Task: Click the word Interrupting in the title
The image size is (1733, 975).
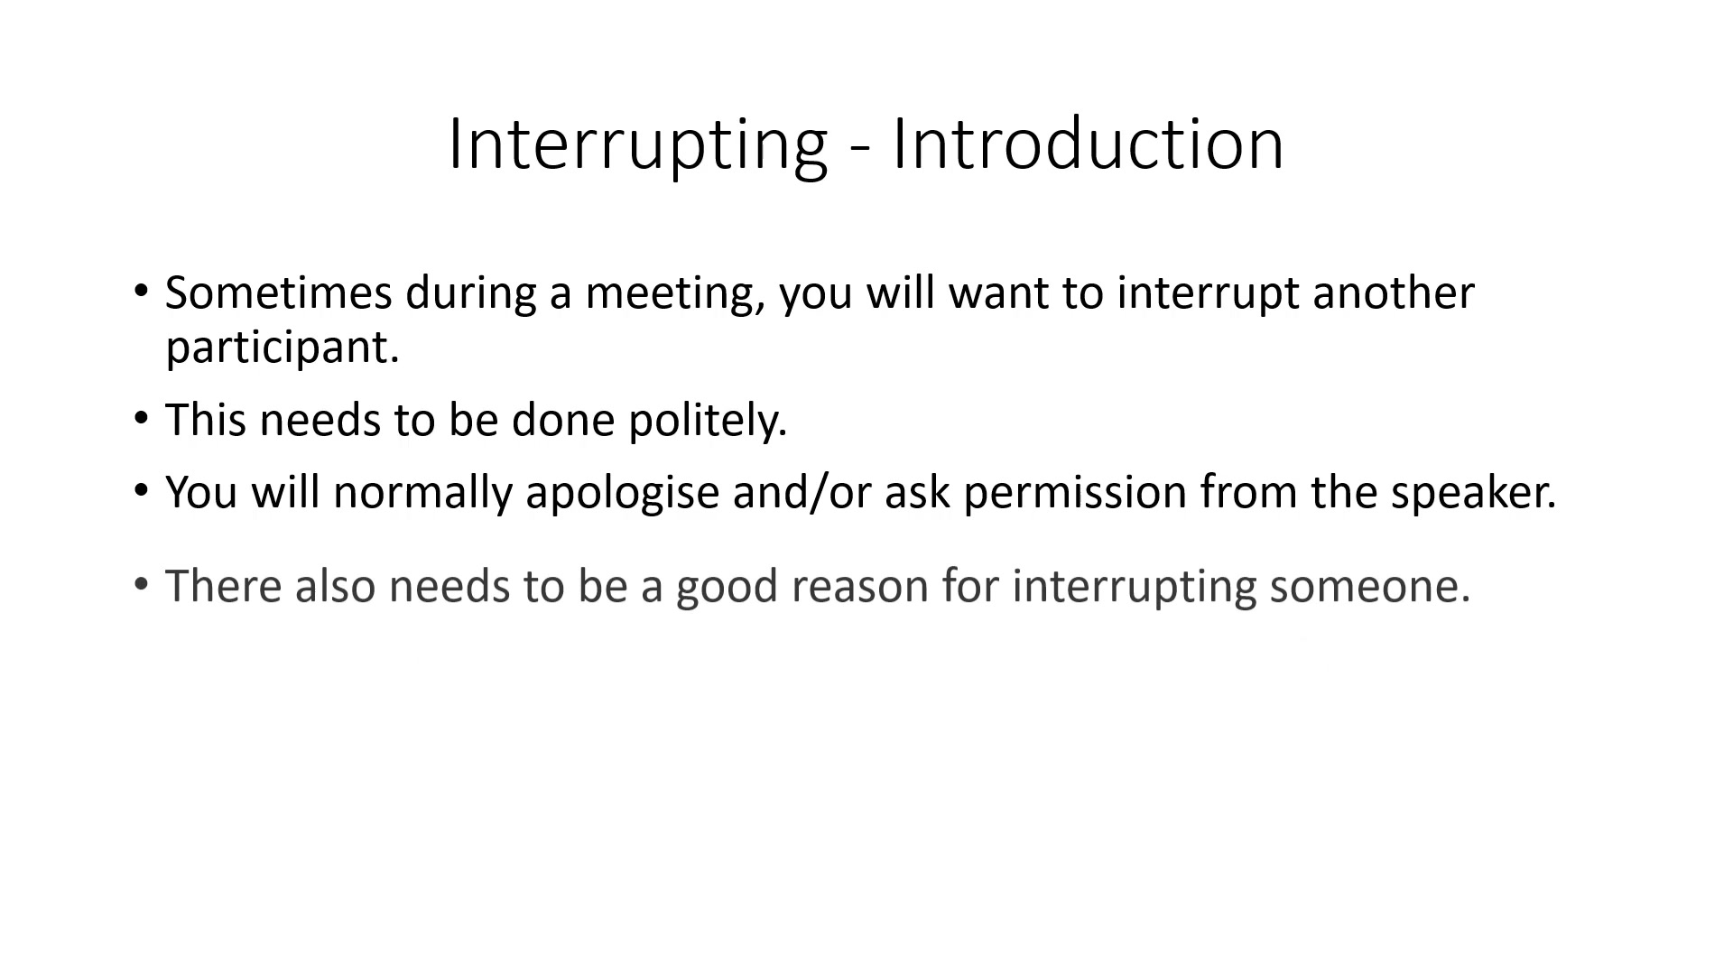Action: coord(637,145)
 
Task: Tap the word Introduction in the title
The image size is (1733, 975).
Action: coord(1088,144)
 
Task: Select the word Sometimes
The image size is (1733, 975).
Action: coord(279,292)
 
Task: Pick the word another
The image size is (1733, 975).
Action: coord(1394,292)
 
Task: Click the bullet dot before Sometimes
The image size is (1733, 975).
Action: coord(140,291)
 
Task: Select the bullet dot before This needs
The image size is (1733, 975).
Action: coord(140,418)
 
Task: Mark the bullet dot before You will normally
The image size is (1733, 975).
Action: coord(140,490)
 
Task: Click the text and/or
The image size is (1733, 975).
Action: coord(802,493)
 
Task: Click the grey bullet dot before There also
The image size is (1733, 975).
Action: coord(140,584)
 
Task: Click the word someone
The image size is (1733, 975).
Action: coord(1370,587)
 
